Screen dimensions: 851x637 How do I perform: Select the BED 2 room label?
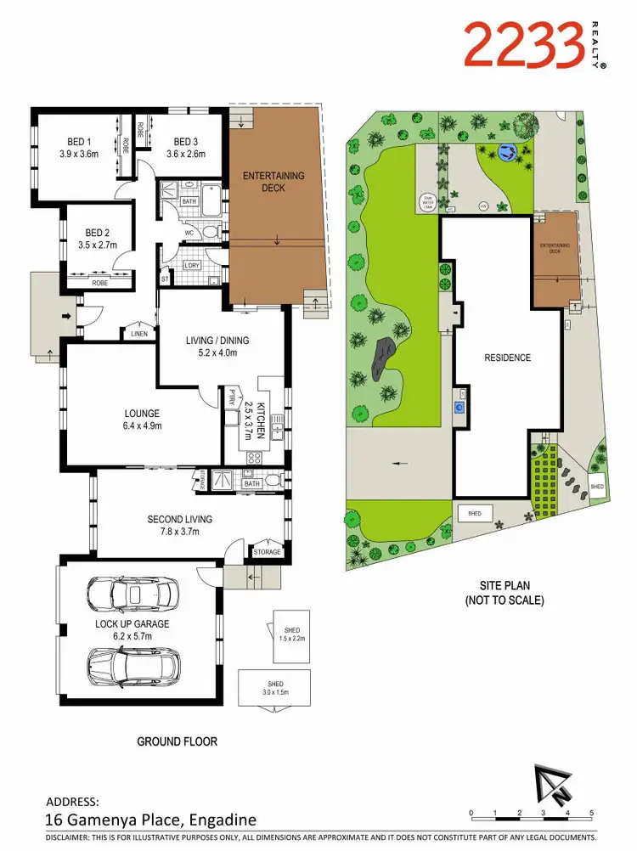(99, 232)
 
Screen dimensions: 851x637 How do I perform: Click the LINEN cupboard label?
(138, 334)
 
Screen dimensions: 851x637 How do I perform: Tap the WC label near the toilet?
(189, 231)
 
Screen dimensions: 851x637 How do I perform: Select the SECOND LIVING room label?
(179, 519)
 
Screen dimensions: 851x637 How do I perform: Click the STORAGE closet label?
(267, 552)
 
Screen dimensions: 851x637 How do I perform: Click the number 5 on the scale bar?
(589, 813)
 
